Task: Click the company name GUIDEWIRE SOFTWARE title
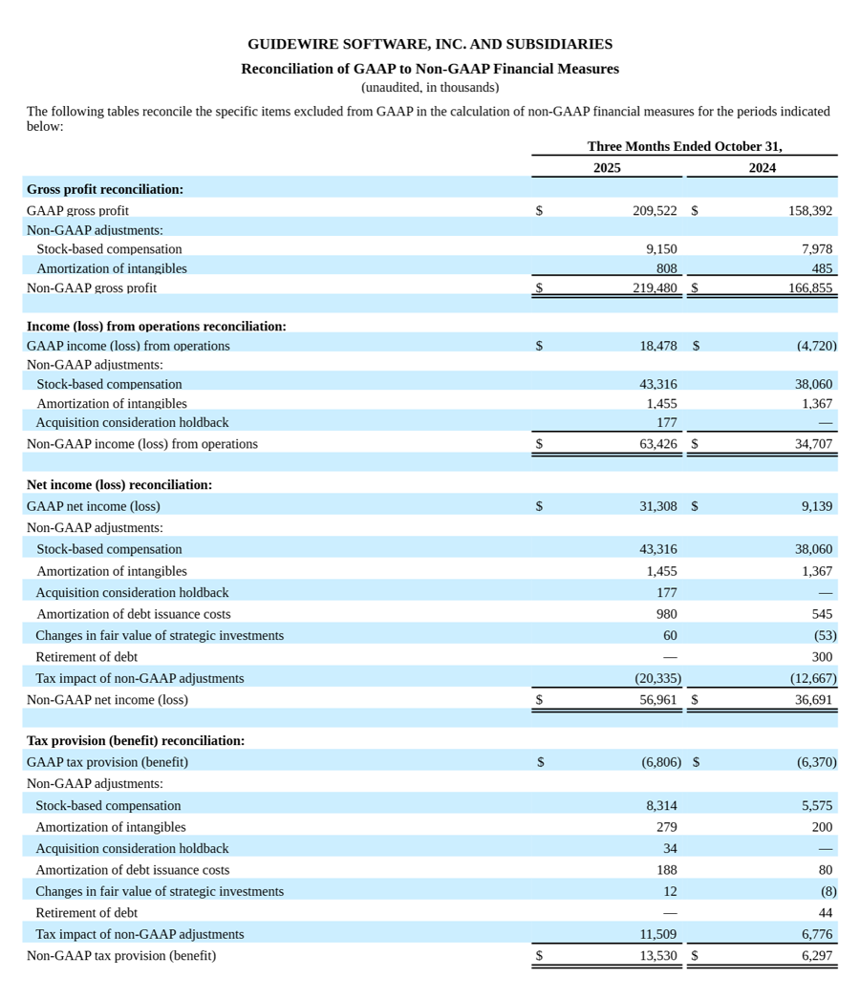coord(429,44)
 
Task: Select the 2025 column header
coord(607,168)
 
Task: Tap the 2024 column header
coord(762,168)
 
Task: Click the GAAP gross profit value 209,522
coord(655,210)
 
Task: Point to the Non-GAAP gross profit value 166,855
coord(809,287)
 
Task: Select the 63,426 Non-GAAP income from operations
coord(657,444)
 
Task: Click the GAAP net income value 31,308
coord(657,506)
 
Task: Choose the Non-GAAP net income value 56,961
coord(657,699)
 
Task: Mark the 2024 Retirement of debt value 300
coord(822,657)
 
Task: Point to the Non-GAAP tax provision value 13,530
coord(657,955)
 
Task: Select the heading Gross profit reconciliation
coord(105,189)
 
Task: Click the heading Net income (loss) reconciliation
coord(119,484)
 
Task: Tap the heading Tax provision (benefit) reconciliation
coord(136,740)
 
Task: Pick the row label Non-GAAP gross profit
coord(92,287)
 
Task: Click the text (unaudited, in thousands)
coord(429,88)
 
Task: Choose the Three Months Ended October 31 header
coord(684,146)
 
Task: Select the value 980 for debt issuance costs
coord(666,614)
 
